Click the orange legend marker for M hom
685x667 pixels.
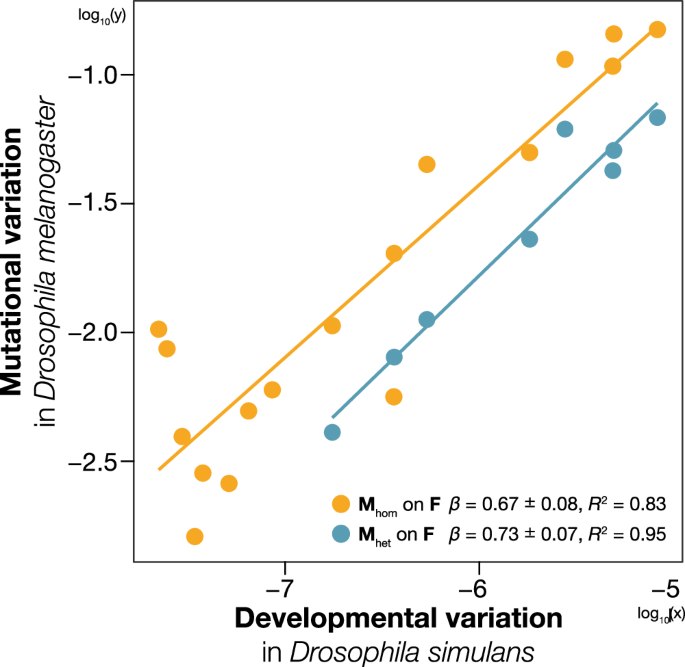pos(342,503)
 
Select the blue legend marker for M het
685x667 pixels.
pos(342,534)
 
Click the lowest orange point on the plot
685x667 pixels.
pos(195,536)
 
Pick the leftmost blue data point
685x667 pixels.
pos(332,432)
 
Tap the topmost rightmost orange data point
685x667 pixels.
pos(657,29)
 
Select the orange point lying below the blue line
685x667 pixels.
pos(394,397)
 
